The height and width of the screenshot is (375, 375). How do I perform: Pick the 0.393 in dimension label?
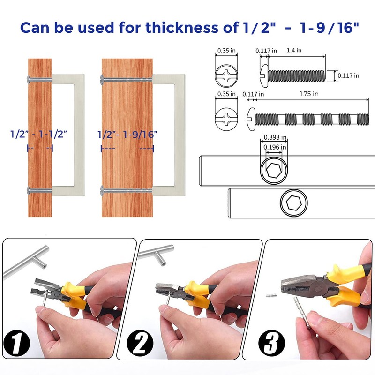pos(275,137)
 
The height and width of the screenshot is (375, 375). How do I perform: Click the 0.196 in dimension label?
pos(275,147)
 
